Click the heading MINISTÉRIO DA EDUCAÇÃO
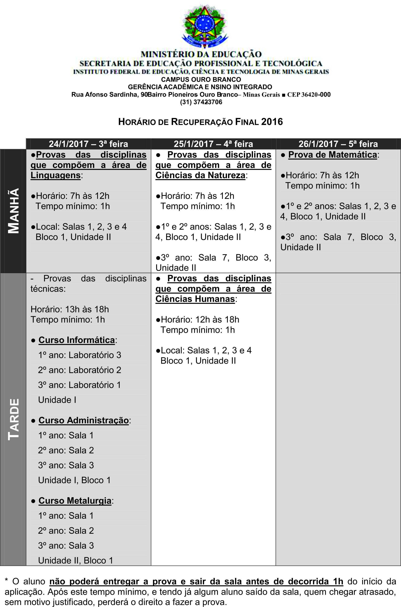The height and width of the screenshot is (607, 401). pos(201,54)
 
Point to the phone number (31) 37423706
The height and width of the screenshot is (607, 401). pos(201,102)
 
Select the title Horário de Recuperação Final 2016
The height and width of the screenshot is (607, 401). pos(200,122)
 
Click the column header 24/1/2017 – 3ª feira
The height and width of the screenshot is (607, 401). pos(88,144)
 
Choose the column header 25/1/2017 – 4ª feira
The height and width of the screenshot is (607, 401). pos(213,144)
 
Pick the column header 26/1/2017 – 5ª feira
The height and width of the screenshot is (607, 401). pos(338,144)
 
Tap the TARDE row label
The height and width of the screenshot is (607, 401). pos(13,419)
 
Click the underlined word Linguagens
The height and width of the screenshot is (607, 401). pos(56,175)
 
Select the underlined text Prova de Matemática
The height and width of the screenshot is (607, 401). pos(333,155)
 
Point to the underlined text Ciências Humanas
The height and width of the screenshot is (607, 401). pos(195,299)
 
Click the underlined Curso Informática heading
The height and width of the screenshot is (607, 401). pos(76,340)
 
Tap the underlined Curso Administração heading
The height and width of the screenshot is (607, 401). pos(83,420)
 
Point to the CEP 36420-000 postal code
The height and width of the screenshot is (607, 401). pos(309,95)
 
